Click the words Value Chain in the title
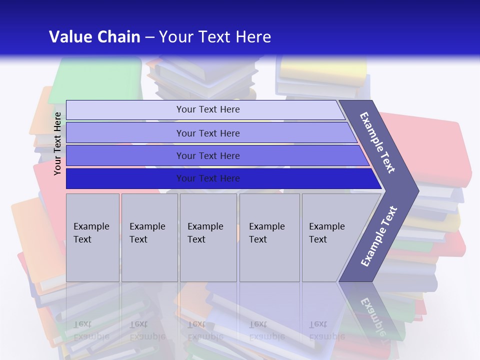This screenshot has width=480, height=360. pos(94,37)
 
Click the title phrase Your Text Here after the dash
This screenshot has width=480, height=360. pos(215,37)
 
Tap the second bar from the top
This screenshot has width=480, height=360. pos(208,133)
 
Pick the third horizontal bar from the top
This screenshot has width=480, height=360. pos(208,155)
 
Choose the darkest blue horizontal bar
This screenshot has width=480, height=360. pos(208,178)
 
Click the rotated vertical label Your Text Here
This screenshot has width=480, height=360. pos(58,143)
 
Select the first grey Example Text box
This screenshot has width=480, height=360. pos(92,237)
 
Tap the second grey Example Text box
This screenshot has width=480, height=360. pos(149,237)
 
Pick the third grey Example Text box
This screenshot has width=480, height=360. pos(208,237)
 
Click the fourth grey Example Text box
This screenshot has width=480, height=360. pos(269,237)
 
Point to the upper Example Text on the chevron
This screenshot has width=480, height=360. pos(378,142)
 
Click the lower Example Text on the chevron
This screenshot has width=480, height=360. pos(379,236)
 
